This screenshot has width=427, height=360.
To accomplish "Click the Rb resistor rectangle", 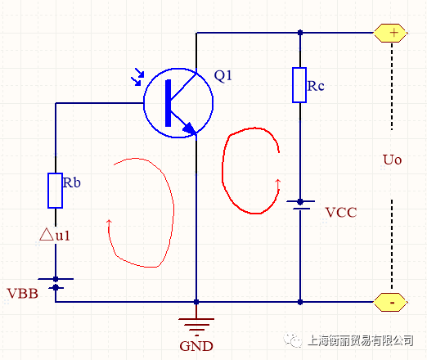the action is coord(56,191).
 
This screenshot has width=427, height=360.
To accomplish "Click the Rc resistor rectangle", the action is coord(299,85).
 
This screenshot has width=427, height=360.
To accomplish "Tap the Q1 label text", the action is coord(222,76).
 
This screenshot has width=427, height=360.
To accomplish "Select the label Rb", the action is coord(72,182).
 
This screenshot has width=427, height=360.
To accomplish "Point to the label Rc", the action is coord(316,86).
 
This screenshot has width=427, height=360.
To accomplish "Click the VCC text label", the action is coord(341,213).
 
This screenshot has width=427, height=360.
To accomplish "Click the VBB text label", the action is coord(23,294).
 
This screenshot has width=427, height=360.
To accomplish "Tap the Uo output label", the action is coord(393,160).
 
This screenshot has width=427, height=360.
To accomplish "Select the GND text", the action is coord(196,346).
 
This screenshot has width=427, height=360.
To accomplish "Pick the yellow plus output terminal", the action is coord(391,33).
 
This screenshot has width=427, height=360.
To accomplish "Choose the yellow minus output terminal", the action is coord(391,302).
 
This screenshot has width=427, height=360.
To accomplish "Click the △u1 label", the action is coord(55,235).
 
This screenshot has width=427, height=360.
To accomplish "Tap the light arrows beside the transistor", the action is coord(137,77).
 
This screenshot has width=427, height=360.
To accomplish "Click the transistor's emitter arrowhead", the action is coord(190,128).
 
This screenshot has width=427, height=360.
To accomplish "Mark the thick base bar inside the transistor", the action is coord(169,103).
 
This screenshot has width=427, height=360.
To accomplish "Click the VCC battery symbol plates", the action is coord(300,205).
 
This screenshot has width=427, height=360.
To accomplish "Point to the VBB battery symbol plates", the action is coord(56,283).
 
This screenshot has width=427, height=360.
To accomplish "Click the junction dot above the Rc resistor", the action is coord(300,33).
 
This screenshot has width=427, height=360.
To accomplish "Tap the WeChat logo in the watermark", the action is coord(293,340).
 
